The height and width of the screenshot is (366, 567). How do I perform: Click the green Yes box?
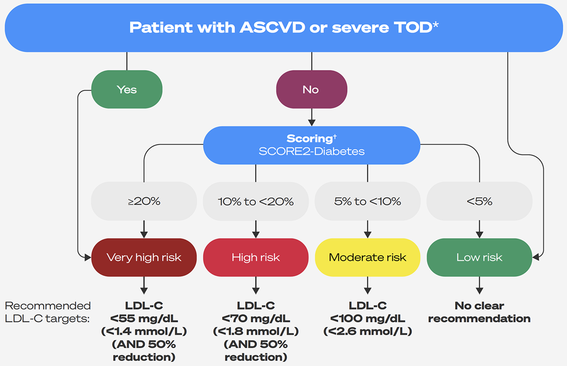coord(127,89)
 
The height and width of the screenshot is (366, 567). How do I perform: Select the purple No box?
coord(311,89)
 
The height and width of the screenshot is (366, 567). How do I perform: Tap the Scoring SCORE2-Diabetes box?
coord(311,145)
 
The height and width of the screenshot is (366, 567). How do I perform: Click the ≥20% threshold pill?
coord(144,201)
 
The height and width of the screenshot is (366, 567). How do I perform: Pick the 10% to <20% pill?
coord(256,201)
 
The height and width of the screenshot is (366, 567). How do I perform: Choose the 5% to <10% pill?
coord(367,201)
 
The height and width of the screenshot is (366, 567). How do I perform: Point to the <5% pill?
coord(479,201)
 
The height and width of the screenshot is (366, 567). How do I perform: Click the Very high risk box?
coord(144,257)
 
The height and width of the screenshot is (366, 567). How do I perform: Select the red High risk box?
coord(256,257)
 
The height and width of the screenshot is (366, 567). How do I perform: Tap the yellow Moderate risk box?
coord(367,257)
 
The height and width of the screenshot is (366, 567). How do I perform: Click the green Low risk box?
coord(479,257)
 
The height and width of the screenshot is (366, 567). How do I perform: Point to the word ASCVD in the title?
coord(272,27)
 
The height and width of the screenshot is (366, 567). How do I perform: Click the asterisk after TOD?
coord(436,25)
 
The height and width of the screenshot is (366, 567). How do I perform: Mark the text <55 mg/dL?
coord(144,319)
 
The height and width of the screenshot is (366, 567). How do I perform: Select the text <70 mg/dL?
coord(256,319)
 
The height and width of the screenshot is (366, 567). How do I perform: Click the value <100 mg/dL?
coord(367,319)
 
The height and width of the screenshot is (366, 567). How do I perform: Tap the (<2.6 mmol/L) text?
coord(367,331)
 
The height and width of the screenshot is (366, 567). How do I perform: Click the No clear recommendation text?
coord(479,312)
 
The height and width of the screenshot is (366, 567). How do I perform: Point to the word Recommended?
coord(48,306)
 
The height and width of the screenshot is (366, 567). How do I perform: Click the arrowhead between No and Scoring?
coord(311,123)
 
